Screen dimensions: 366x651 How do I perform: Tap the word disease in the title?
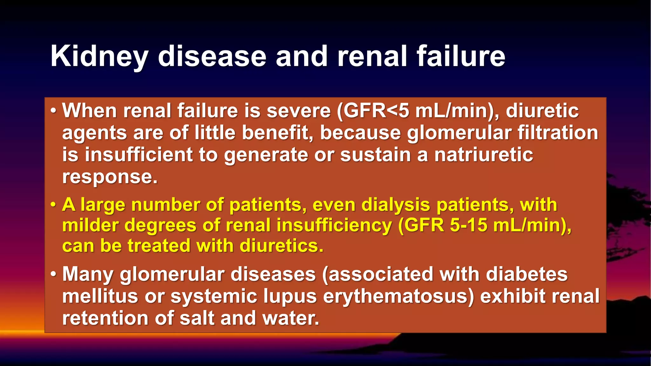[212, 57]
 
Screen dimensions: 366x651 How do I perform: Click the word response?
[110, 177]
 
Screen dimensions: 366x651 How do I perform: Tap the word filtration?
[558, 133]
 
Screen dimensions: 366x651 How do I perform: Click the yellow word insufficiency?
[334, 225]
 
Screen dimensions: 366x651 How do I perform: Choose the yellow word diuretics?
[281, 246]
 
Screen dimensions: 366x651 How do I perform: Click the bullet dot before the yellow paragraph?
[53, 205]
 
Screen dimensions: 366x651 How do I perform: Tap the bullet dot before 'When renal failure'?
[53, 111]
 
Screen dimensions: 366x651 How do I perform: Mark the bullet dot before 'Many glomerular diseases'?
[53, 274]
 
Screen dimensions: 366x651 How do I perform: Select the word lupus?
[290, 296]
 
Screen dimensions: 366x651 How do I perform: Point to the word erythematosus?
[399, 296]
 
